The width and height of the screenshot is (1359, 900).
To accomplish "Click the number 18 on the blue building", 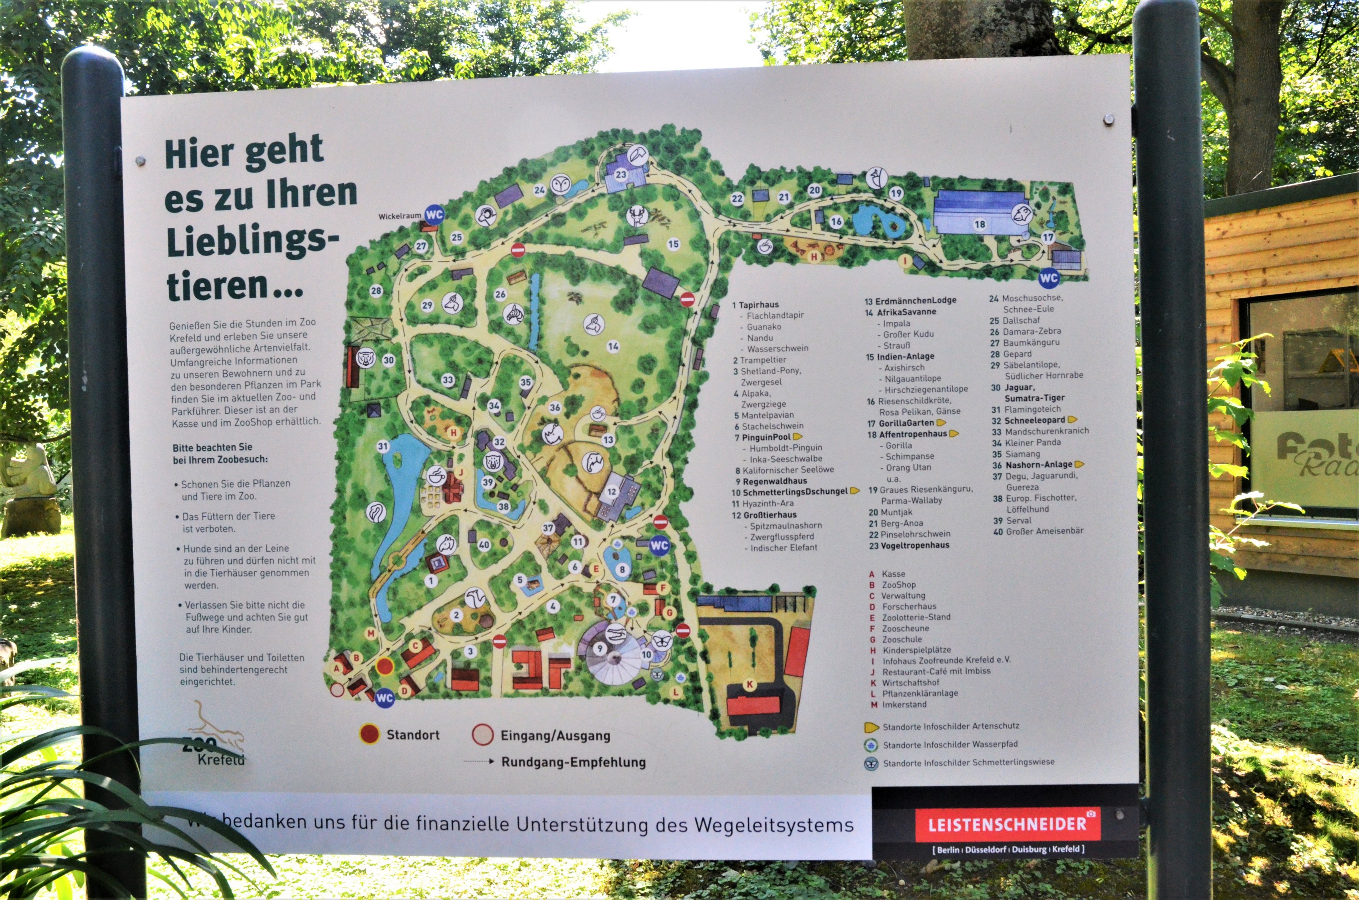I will [979, 225].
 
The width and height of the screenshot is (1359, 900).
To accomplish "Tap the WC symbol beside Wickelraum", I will [435, 215].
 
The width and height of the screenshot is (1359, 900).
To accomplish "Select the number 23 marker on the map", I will [621, 175].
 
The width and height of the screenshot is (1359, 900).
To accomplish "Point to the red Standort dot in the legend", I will [369, 734].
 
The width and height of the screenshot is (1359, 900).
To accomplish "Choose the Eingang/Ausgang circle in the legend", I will [482, 735].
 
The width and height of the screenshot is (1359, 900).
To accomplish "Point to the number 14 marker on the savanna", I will [613, 346].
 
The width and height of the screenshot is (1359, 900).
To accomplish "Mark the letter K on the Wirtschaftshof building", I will [749, 684].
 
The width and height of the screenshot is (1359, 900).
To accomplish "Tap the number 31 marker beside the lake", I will [383, 446].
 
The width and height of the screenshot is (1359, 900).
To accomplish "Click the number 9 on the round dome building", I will [600, 649].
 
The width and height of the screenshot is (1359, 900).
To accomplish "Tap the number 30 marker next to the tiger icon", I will [389, 360].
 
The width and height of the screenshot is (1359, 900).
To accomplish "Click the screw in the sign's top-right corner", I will [1108, 120].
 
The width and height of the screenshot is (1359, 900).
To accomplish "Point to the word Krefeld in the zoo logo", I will [221, 760].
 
